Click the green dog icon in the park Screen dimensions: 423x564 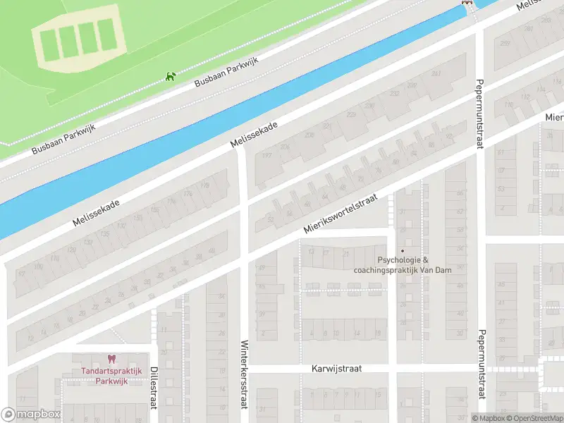click(x=170, y=76)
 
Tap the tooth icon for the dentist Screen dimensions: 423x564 click(x=110, y=360)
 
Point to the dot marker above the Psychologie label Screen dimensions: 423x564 click(x=403, y=250)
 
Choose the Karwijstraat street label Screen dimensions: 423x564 click(x=341, y=369)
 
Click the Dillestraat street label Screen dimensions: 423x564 click(x=153, y=387)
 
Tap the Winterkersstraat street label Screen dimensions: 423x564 click(x=244, y=374)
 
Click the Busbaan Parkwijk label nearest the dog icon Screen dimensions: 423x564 click(x=227, y=73)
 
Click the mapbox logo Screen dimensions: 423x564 click(x=31, y=415)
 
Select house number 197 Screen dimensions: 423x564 click(x=266, y=155)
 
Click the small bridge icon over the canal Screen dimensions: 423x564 click(x=465, y=3)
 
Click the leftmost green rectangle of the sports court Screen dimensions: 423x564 click(x=49, y=44)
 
